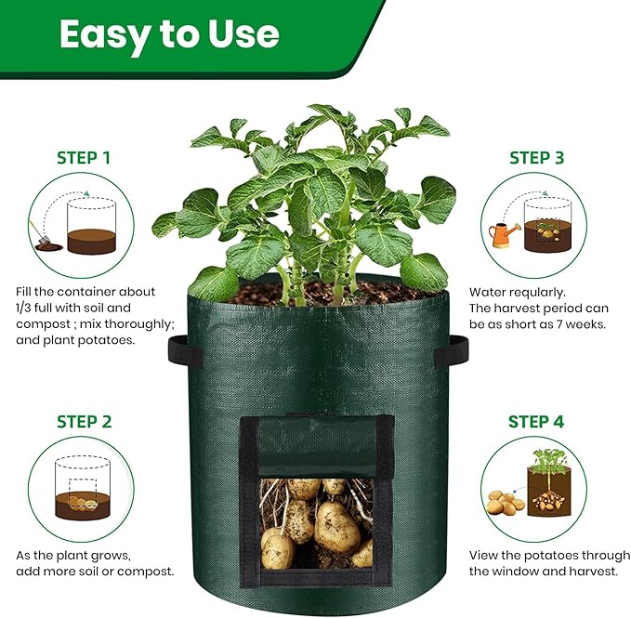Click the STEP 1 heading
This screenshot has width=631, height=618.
click(83, 157)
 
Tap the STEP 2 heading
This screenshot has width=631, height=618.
click(83, 422)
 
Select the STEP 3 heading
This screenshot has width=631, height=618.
click(536, 157)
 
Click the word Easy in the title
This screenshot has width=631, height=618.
click(103, 34)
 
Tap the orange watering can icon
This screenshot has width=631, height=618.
click(504, 234)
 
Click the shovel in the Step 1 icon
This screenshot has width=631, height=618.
click(43, 238)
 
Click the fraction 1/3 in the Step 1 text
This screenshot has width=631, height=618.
click(27, 308)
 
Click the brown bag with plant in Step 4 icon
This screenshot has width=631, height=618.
click(549, 489)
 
